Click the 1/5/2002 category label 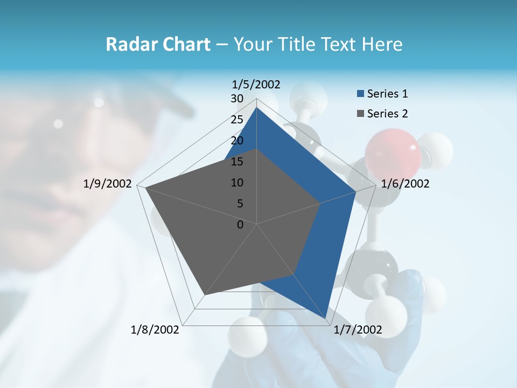point(256,85)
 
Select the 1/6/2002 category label point(405,184)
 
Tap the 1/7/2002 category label point(358,330)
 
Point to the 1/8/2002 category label point(155,330)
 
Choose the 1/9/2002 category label point(108,184)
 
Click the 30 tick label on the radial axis point(237,99)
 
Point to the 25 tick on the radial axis point(237,120)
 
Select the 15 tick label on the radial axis point(237,162)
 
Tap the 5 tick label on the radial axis point(240,204)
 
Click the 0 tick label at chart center point(240,225)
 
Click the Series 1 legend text point(387,94)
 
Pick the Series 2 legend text point(387,114)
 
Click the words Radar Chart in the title point(158,44)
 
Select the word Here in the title point(382,44)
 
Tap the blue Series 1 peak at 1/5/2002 point(256,107)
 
